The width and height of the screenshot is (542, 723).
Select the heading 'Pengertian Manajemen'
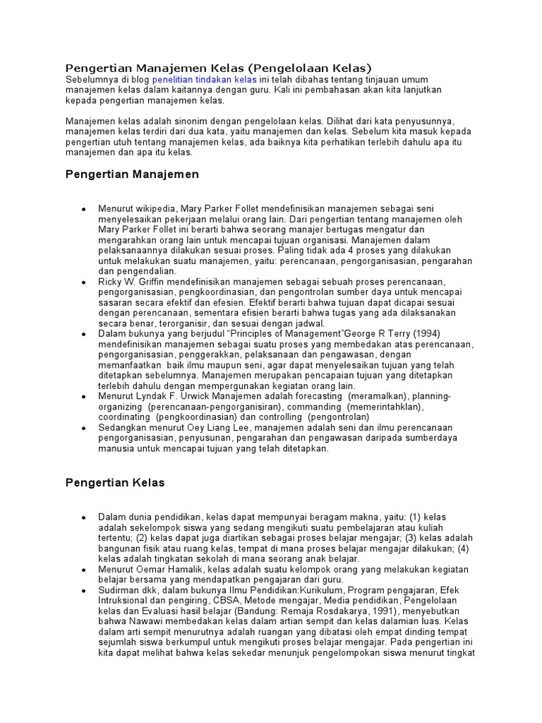click(132, 174)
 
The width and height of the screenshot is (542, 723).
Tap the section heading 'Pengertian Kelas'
click(114, 483)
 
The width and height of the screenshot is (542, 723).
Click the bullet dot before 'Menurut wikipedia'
click(83, 210)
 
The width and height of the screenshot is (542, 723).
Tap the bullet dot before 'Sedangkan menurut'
click(83, 428)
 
